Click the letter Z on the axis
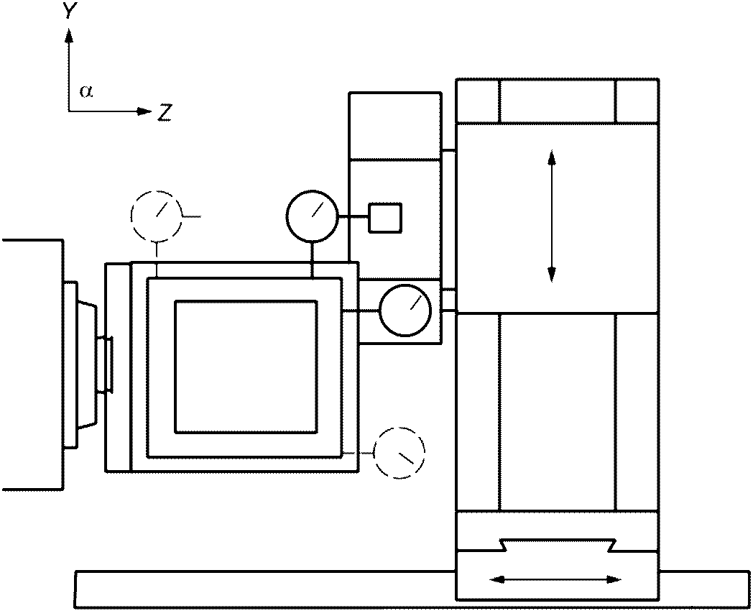(x=165, y=113)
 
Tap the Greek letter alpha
(x=86, y=91)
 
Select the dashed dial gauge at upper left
(x=157, y=216)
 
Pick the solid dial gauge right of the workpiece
(x=405, y=311)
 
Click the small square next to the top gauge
(x=385, y=218)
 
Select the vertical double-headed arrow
(x=551, y=216)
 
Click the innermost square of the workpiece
(x=246, y=367)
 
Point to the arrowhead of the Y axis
(x=69, y=35)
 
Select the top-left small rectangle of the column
(x=477, y=101)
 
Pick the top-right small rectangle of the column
(x=637, y=101)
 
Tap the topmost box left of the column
(x=394, y=126)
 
